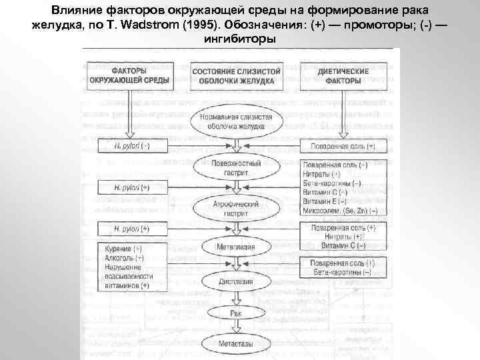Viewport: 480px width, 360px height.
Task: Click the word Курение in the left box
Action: pos(117,249)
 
